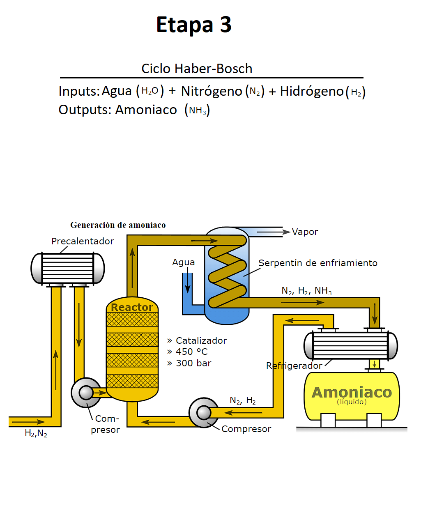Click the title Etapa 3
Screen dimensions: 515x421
[x=194, y=25]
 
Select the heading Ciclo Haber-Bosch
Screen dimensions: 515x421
[x=197, y=69]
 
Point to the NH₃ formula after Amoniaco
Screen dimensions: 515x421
[x=198, y=110]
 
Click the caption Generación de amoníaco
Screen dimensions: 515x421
[x=118, y=225]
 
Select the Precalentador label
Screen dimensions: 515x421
[x=83, y=241]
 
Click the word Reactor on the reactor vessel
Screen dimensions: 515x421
[x=132, y=307]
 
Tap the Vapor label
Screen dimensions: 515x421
[x=305, y=232]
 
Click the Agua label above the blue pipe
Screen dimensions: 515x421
[x=183, y=262]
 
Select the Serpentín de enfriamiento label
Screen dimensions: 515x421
[x=317, y=263]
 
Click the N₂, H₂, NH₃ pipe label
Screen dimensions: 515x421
[x=306, y=291]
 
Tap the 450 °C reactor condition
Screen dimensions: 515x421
[x=192, y=352]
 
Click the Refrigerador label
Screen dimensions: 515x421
[x=294, y=366]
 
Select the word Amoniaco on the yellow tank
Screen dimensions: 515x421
[x=352, y=392]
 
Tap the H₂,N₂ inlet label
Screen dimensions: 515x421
[x=36, y=433]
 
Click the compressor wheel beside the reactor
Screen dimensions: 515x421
[x=86, y=393]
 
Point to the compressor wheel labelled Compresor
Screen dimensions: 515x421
[x=204, y=412]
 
